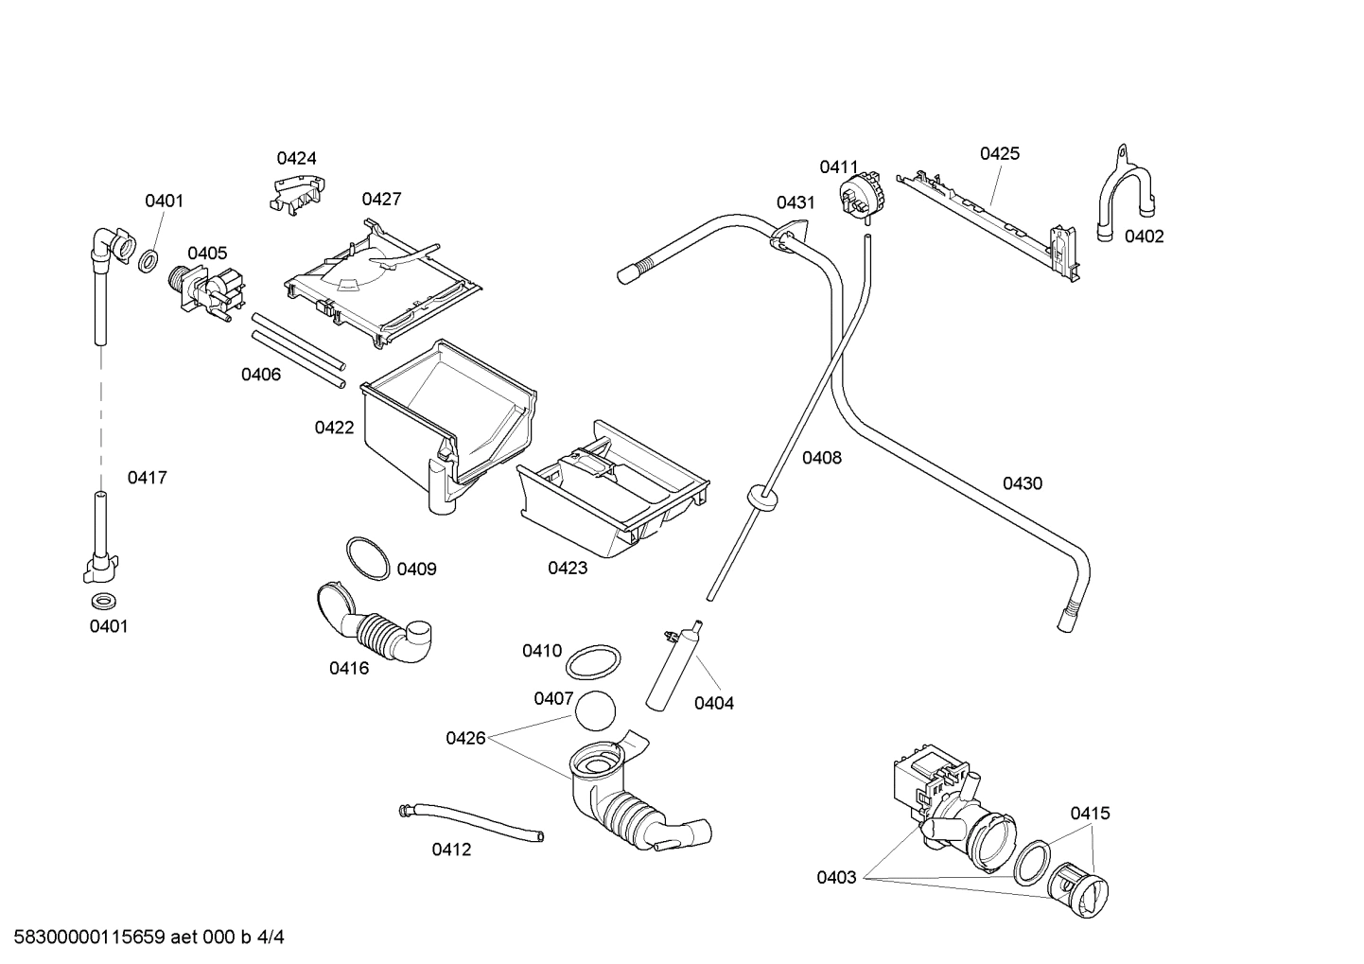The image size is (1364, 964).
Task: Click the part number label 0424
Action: coord(296,158)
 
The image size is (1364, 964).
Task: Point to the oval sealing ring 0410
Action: coord(594,662)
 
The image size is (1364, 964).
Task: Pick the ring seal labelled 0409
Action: coord(367,558)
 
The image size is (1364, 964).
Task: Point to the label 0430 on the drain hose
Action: coord(1022,483)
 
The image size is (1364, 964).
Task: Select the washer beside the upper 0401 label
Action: coord(149,262)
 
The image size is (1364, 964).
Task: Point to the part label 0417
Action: coord(147,478)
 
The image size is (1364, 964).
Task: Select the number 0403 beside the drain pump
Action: coord(836,877)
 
